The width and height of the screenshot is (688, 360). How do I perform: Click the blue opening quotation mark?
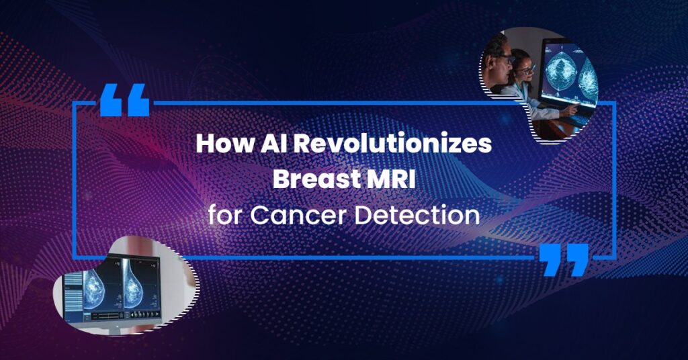tap(124, 100)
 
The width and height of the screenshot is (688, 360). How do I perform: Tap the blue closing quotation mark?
tap(564, 259)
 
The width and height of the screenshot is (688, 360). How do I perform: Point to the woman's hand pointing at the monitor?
tap(570, 109)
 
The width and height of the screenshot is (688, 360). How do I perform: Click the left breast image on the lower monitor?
tap(94, 289)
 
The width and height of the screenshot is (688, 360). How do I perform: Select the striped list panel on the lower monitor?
tap(73, 292)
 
